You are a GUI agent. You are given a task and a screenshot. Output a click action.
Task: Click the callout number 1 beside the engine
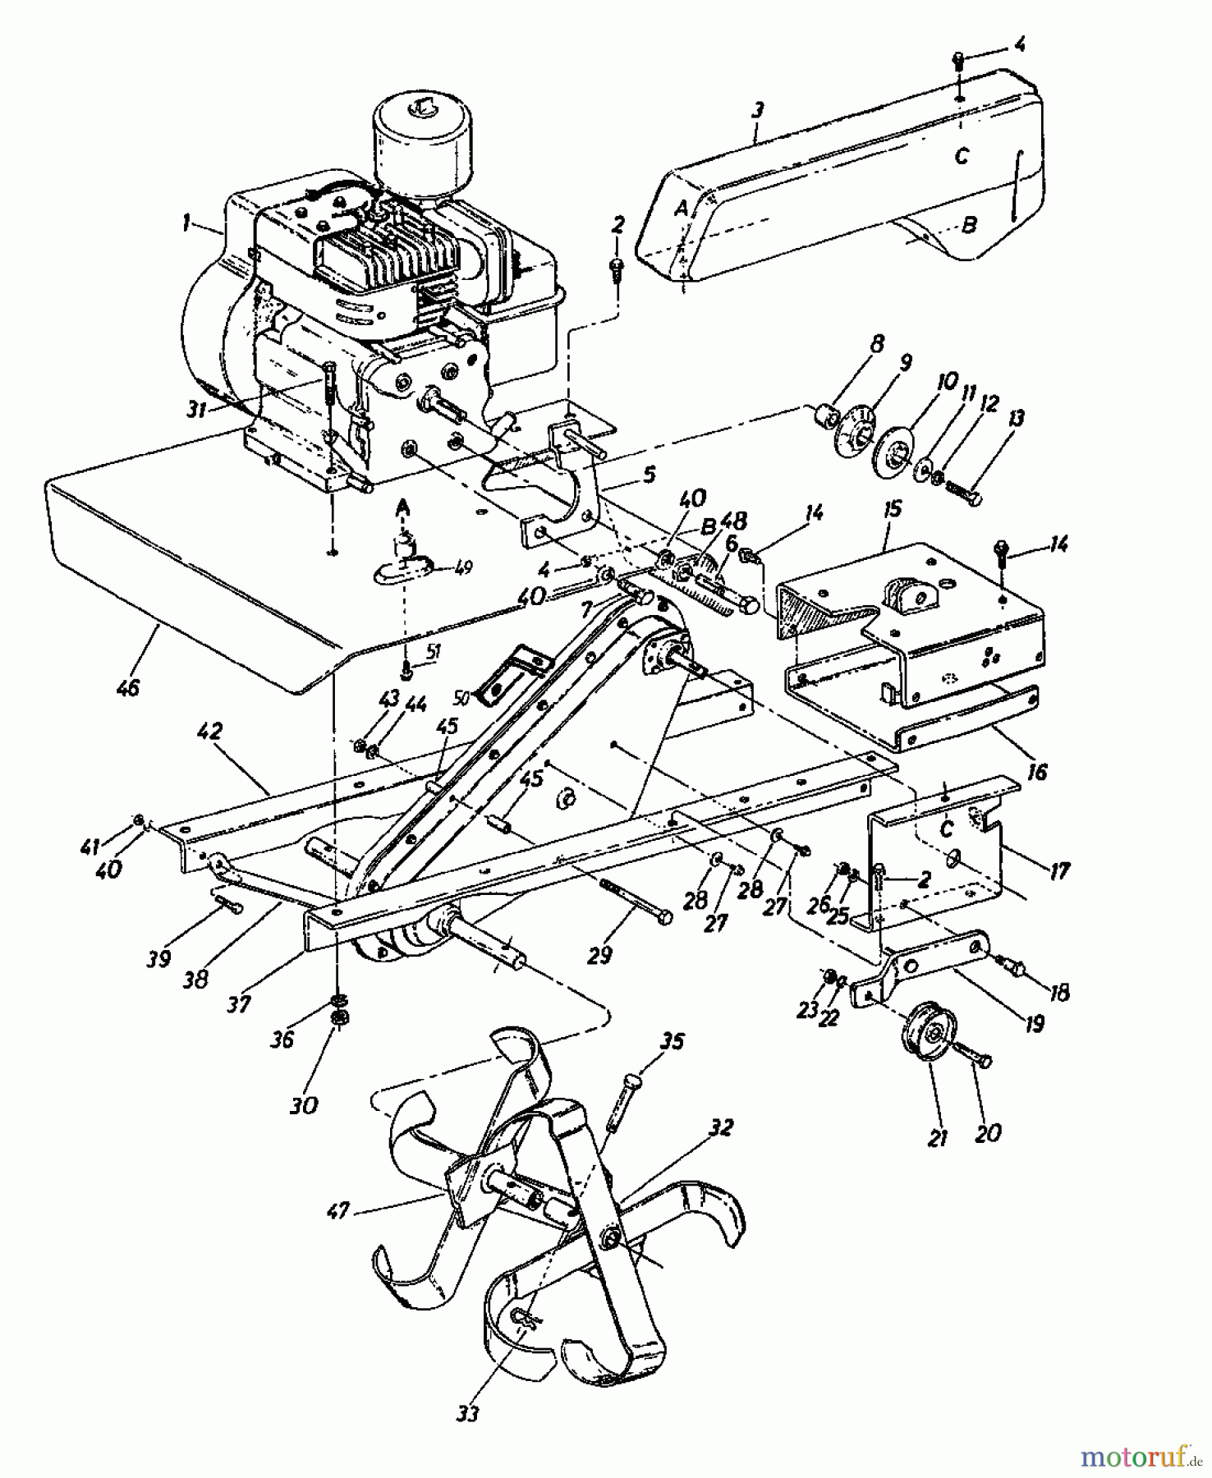point(187,223)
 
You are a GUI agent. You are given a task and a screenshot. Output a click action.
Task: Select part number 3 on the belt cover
point(757,109)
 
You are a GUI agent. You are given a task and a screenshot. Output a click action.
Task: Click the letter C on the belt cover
point(962,156)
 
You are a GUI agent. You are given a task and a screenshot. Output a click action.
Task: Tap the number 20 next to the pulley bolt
point(988,1132)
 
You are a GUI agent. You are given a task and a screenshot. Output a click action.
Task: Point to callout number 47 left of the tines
point(338,1210)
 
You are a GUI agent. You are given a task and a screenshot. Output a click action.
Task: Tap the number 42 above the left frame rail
point(211,731)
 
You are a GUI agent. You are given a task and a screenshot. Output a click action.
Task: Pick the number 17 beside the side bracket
point(1060,870)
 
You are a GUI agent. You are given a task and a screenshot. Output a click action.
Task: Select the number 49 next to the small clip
point(463,567)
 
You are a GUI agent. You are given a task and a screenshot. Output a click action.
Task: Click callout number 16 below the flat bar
point(1037,772)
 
